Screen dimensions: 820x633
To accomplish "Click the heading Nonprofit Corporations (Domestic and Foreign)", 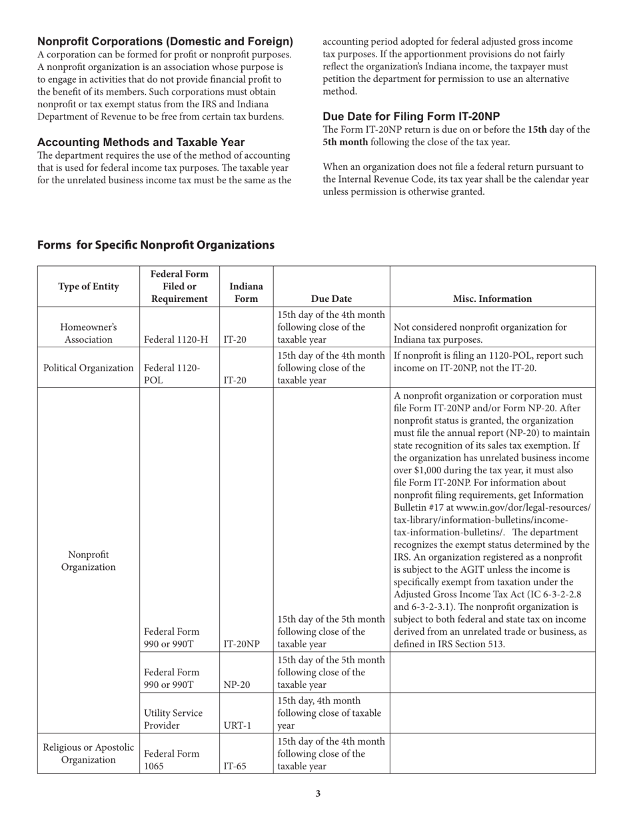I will tap(165, 41).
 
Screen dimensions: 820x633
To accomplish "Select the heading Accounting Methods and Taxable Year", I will tap(141, 142).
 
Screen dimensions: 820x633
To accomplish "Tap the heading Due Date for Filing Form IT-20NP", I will tap(411, 116).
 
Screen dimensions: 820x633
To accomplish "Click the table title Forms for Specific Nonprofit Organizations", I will tap(156, 245).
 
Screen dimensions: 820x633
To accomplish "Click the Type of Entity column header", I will tap(89, 287).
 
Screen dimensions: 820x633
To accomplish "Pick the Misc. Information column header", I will tap(492, 299).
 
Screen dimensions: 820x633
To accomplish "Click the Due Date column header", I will tap(331, 299).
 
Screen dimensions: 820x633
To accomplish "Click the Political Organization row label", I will tap(89, 368).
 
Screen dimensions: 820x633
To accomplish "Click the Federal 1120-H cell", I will tap(176, 339).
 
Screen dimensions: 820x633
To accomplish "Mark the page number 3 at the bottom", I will tap(318, 793).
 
